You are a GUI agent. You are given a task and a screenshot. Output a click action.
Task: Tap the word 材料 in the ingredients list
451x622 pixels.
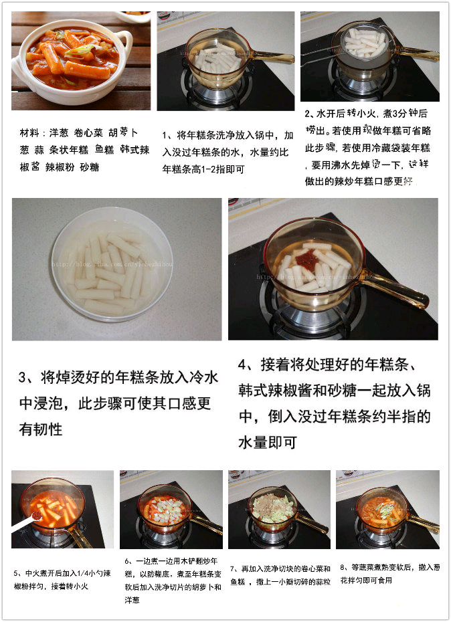coord(33,133)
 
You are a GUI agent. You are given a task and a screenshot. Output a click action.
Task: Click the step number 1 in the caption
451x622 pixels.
coord(165,134)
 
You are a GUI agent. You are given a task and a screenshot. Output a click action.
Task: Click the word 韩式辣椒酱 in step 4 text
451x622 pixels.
coord(272,391)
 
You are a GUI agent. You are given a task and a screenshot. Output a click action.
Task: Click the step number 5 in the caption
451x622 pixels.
coord(16,573)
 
